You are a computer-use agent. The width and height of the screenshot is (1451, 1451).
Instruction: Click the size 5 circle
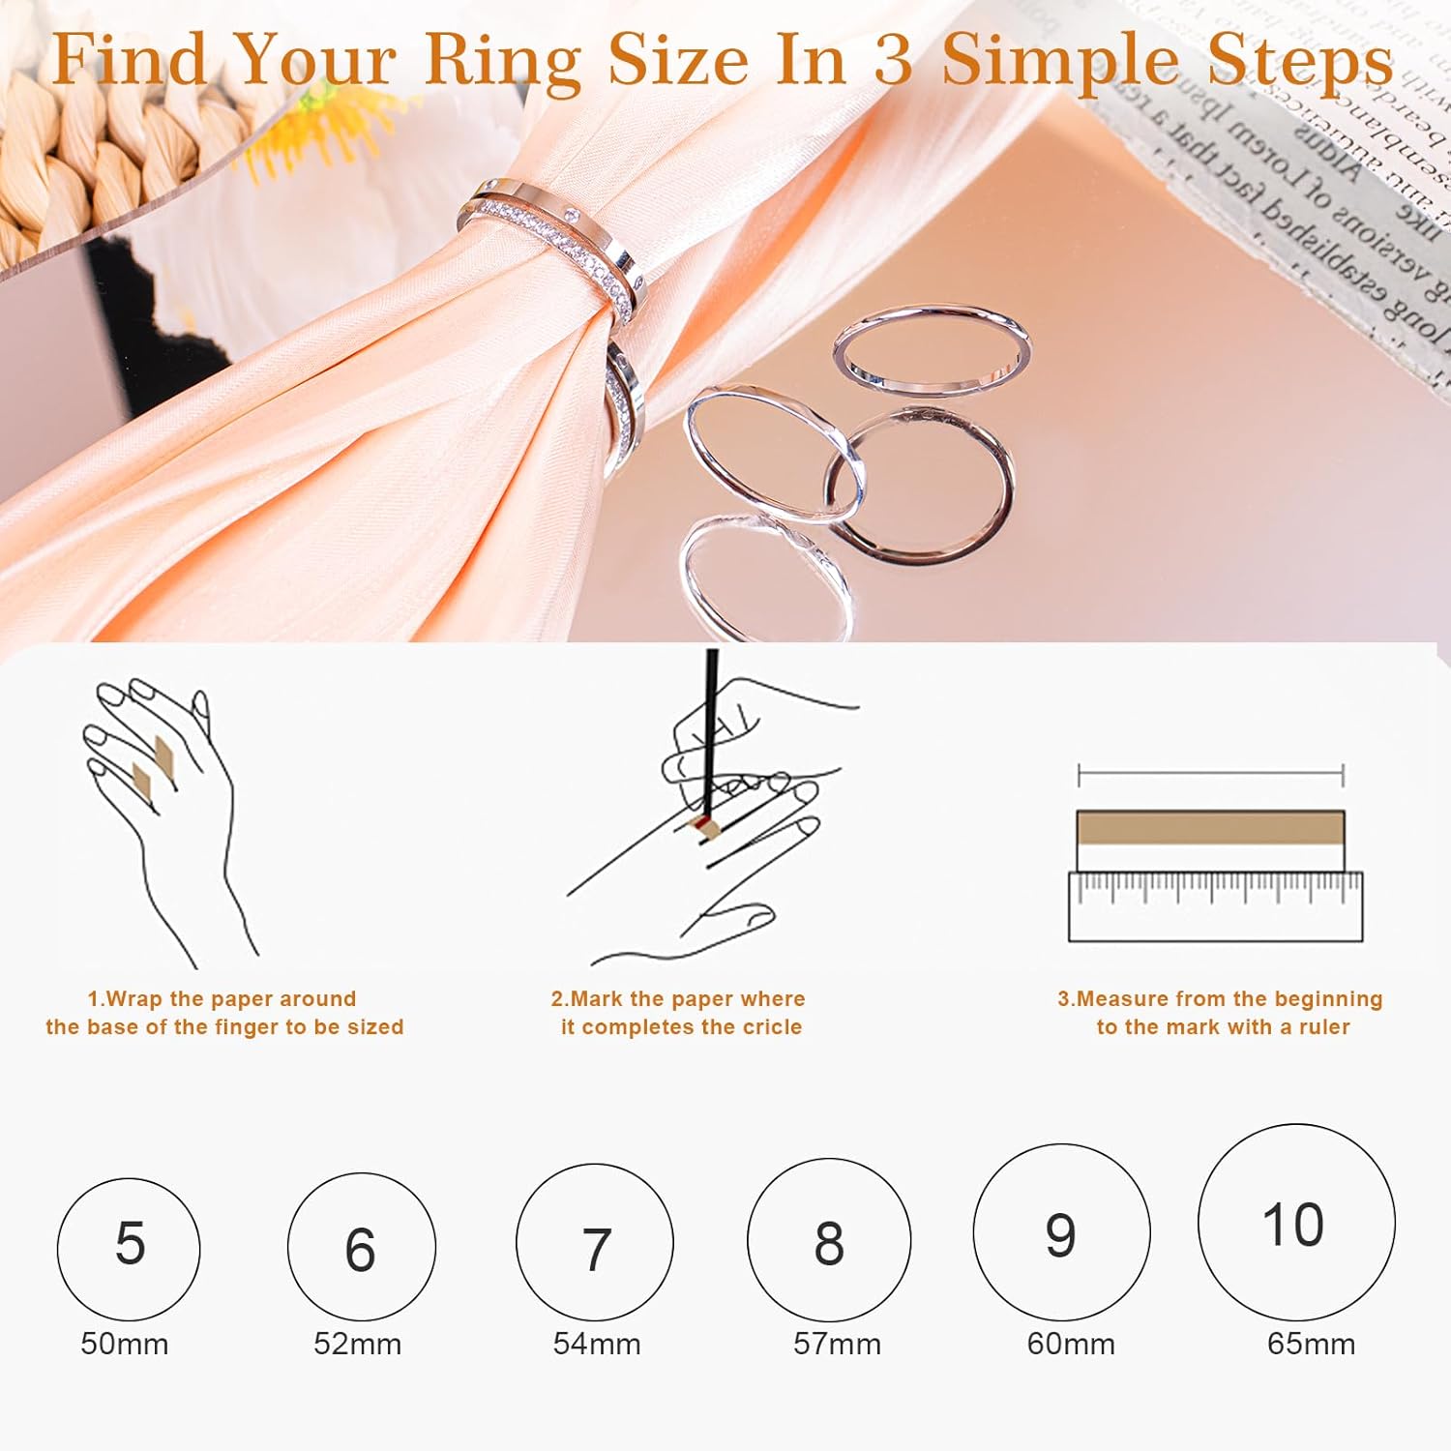pos(129,1249)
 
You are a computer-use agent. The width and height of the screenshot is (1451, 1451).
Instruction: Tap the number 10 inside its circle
pos(1293,1225)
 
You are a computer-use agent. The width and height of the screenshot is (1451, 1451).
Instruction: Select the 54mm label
pos(597,1344)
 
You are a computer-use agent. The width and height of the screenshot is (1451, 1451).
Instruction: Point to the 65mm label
pos(1311,1344)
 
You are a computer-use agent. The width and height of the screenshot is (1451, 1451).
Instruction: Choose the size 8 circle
pos(829,1240)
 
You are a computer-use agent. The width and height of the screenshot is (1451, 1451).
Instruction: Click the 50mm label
pos(125,1344)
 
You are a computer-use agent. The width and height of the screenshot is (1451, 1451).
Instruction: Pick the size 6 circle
pos(361,1247)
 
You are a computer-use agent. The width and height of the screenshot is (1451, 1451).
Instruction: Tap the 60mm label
pos(1071,1344)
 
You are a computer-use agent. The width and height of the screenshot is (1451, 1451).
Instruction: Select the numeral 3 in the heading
pos(892,60)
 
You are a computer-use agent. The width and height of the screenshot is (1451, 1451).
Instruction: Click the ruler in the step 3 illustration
pos(1215,907)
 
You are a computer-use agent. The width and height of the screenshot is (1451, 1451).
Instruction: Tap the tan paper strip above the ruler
pos(1210,828)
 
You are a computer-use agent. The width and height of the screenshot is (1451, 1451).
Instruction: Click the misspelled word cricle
pos(771,1027)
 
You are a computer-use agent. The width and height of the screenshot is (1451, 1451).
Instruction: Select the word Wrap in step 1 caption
pos(135,999)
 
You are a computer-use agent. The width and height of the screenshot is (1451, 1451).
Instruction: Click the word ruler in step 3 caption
pos(1323,1027)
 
